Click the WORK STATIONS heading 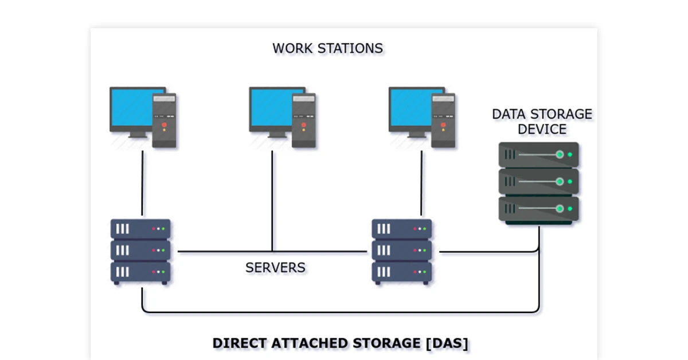[x=327, y=48]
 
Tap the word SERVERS [x=275, y=267]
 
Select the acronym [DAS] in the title [x=447, y=343]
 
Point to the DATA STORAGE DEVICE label [x=542, y=121]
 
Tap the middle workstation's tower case [x=304, y=121]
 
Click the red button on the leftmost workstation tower [x=165, y=124]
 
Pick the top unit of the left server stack [x=140, y=229]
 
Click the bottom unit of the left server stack [x=140, y=272]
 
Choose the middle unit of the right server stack [x=402, y=251]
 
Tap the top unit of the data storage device [x=538, y=155]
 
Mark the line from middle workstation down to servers [x=272, y=201]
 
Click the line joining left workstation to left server [x=142, y=183]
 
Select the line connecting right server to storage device [x=487, y=251]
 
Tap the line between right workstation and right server [x=421, y=183]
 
